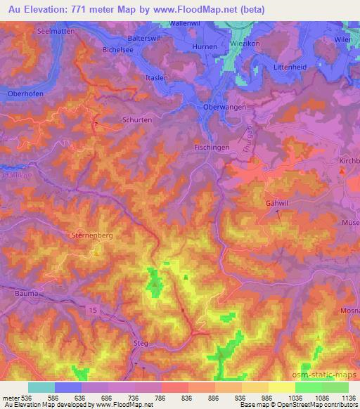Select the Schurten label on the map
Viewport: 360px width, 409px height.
[x=137, y=120]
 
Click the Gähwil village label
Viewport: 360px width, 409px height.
[x=278, y=203]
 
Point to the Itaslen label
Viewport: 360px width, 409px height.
[x=155, y=79]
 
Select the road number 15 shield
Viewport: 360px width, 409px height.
[x=93, y=309]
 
